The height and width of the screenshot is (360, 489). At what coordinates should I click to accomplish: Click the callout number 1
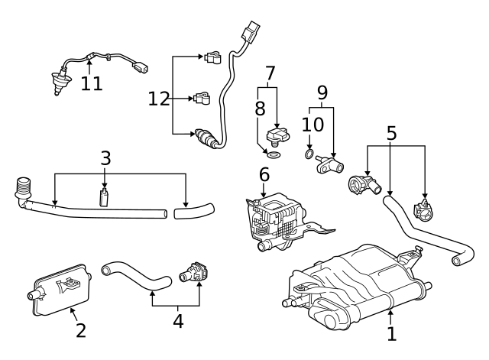(x=391, y=334)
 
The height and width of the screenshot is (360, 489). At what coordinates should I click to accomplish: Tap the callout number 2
(x=80, y=331)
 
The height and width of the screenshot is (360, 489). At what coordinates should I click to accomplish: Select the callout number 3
(x=105, y=158)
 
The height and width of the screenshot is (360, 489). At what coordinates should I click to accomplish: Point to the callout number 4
(x=178, y=321)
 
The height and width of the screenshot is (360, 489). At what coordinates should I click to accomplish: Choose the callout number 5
(x=391, y=132)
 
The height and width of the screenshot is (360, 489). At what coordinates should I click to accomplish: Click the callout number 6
(x=264, y=174)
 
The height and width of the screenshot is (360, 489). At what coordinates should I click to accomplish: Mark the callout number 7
(x=270, y=74)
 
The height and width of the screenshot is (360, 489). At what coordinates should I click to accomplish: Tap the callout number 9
(x=322, y=92)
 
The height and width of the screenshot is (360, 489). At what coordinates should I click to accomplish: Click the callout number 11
(x=92, y=83)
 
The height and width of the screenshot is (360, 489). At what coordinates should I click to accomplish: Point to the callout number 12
(x=158, y=98)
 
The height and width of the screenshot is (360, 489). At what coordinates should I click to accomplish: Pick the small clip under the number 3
(x=105, y=199)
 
